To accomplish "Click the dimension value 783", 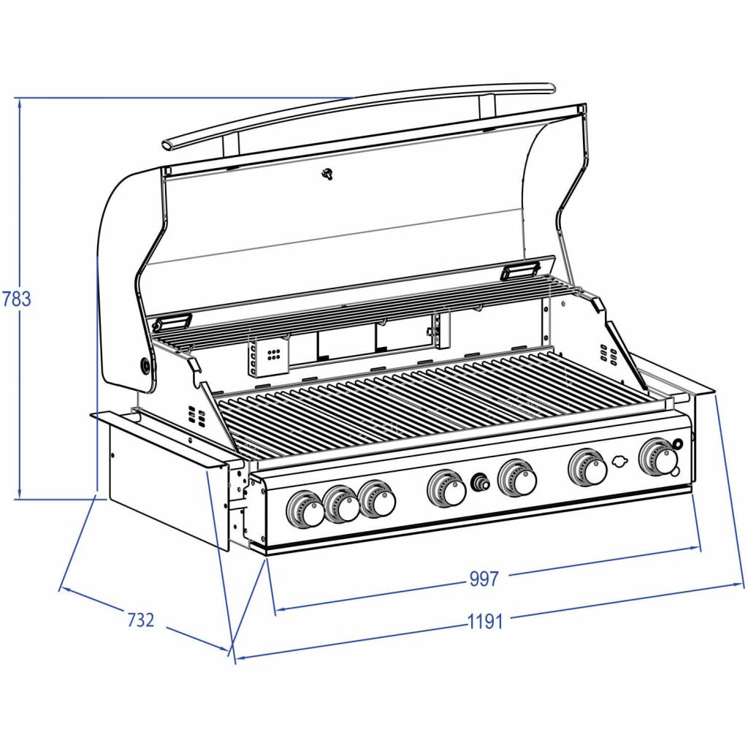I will [x=17, y=299].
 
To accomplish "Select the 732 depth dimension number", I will [x=141, y=620].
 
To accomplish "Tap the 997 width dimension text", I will [x=484, y=579].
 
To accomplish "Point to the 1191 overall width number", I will [x=485, y=622].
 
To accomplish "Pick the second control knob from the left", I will [x=340, y=504].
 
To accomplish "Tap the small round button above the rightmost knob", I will [x=677, y=443].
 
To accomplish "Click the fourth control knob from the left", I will [x=446, y=488].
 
